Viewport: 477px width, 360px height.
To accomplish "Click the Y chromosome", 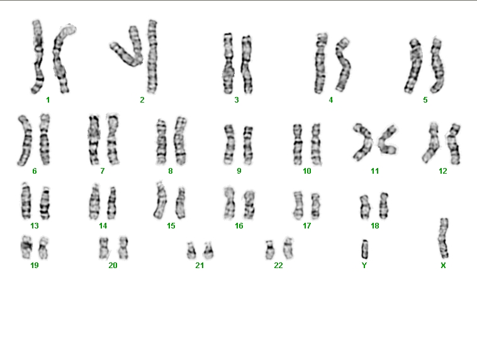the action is click(x=364, y=249).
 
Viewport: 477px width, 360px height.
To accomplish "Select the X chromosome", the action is click(x=444, y=238).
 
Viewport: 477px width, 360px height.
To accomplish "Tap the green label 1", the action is click(x=48, y=100).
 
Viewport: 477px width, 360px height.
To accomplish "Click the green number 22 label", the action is click(x=278, y=266).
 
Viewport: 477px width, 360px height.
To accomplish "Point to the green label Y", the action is click(x=364, y=266).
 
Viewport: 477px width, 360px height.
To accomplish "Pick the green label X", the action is click(x=443, y=266).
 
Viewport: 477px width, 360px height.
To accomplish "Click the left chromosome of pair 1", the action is click(x=38, y=57).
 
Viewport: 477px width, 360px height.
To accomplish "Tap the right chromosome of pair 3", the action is click(x=247, y=65).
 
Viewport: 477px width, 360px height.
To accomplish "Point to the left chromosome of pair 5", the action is click(x=414, y=65).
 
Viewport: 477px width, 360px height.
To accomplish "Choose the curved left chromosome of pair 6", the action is click(x=26, y=140).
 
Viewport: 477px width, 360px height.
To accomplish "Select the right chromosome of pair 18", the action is click(x=384, y=205).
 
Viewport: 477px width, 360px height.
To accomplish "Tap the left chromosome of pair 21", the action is click(x=191, y=250).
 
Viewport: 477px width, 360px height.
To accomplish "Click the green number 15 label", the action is click(x=171, y=226).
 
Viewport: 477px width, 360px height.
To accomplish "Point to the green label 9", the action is click(x=239, y=171).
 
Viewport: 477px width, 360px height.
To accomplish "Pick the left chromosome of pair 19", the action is click(x=26, y=247).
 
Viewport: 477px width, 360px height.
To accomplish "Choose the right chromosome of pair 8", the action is click(x=180, y=141).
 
